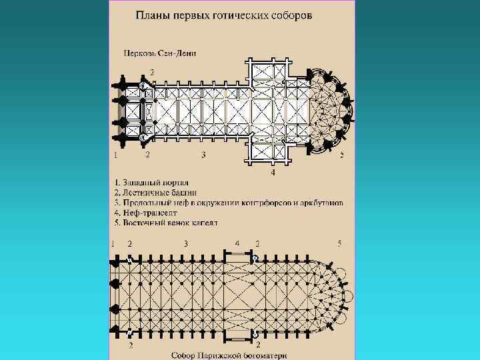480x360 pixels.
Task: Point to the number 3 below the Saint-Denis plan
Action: click(x=203, y=155)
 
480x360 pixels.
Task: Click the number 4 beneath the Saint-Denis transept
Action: click(x=273, y=173)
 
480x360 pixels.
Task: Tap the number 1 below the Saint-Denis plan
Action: click(x=116, y=155)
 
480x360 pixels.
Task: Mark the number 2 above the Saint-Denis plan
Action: click(x=152, y=71)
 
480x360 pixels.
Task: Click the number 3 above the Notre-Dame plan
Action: click(x=186, y=243)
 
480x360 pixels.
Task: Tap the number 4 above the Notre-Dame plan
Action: click(x=237, y=243)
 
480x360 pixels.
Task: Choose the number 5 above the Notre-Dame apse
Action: click(x=340, y=243)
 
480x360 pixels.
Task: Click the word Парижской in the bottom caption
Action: click(x=226, y=355)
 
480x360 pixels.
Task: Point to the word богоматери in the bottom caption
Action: click(x=269, y=355)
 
